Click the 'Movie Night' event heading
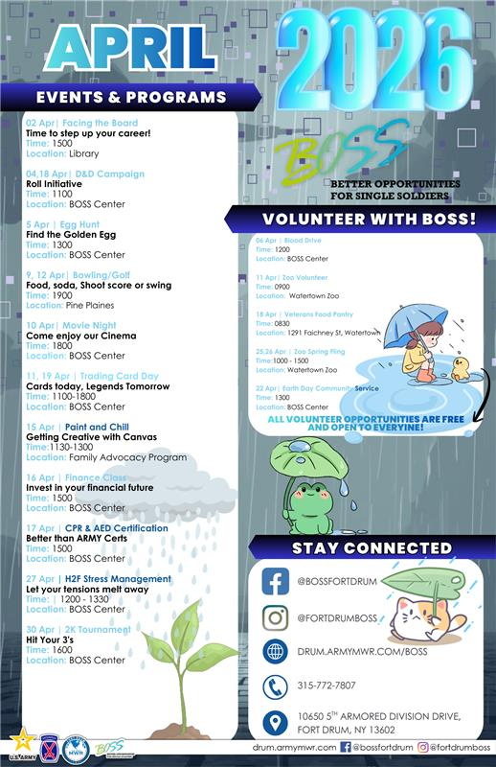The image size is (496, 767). (87, 326)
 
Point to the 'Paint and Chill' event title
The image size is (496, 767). (90, 427)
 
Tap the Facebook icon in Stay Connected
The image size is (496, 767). (275, 582)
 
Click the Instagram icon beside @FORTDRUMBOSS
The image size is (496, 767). (275, 617)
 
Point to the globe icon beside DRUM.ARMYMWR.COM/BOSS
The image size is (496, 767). (275, 652)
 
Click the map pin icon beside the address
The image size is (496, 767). (275, 722)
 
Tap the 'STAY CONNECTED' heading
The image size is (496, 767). (372, 548)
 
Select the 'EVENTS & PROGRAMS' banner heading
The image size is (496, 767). (131, 97)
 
